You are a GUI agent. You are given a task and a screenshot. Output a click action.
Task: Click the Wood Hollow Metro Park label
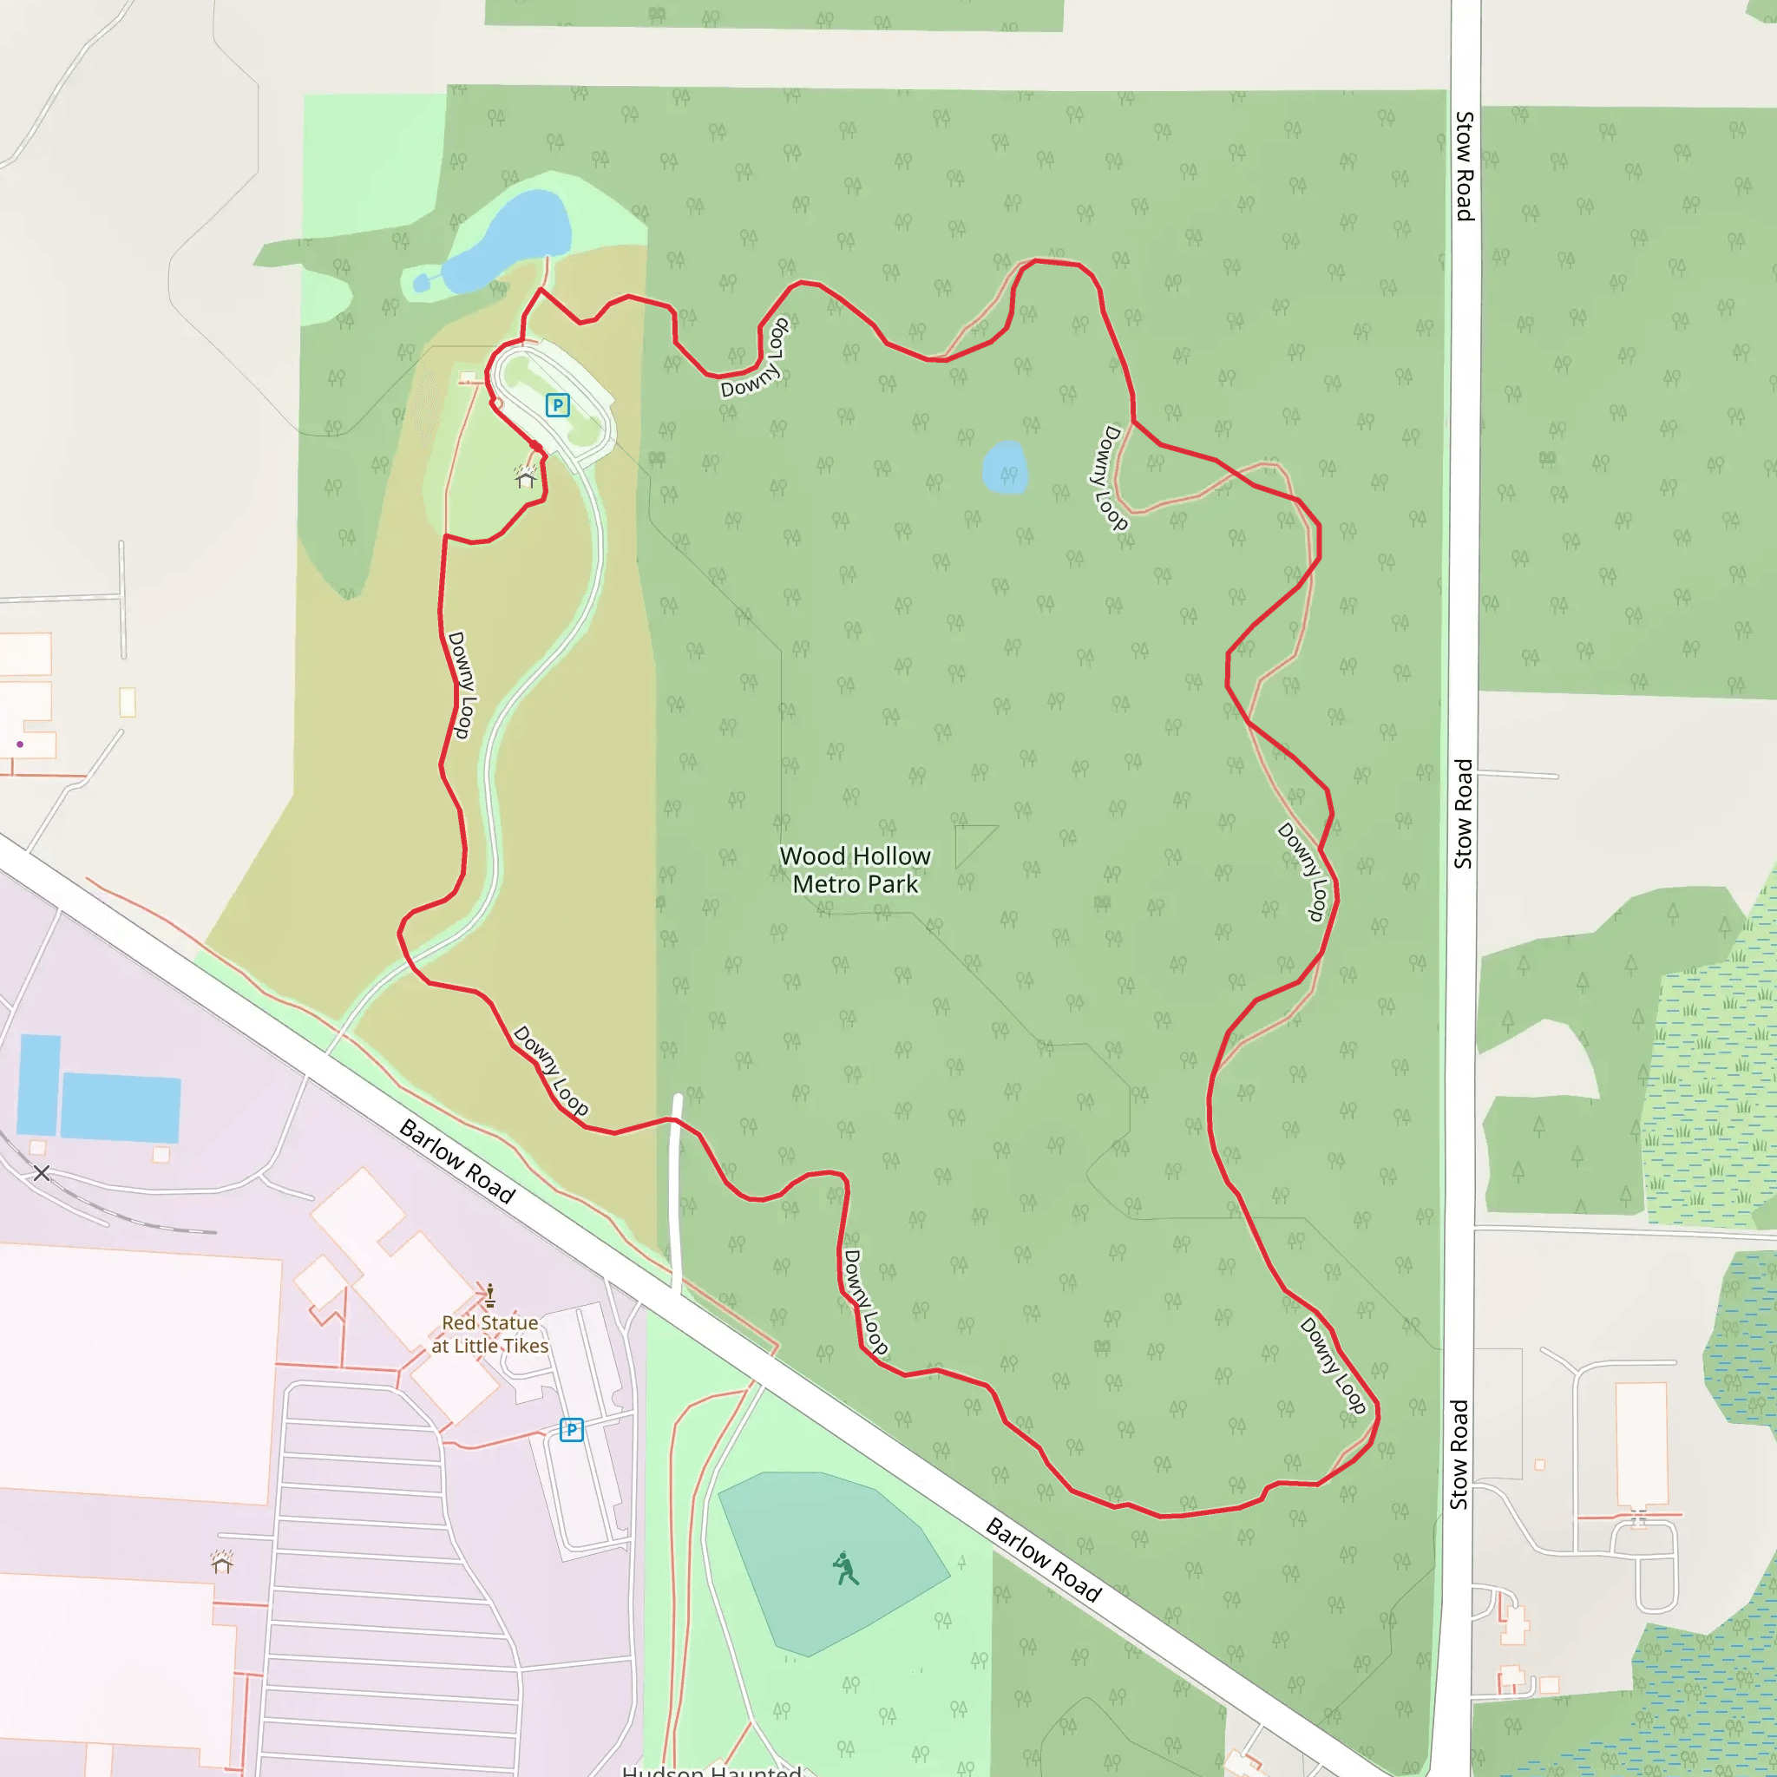pyautogui.click(x=855, y=869)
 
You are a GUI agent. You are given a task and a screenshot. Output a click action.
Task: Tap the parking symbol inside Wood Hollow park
pyautogui.click(x=557, y=404)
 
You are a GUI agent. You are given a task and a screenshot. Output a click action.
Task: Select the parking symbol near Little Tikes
pyautogui.click(x=571, y=1429)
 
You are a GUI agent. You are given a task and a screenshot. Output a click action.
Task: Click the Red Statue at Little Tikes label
pyautogui.click(x=489, y=1334)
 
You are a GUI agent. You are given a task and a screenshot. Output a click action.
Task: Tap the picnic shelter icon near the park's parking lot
pyautogui.click(x=525, y=476)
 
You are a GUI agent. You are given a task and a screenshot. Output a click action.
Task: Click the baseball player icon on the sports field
pyautogui.click(x=844, y=1568)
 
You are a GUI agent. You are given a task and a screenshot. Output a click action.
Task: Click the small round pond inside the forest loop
pyautogui.click(x=1005, y=466)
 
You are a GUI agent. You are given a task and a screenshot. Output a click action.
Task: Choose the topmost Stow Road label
pyautogui.click(x=1465, y=167)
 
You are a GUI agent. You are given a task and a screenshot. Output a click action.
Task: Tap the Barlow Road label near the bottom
pyautogui.click(x=1043, y=1560)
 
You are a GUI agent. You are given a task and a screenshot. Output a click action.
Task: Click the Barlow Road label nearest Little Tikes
pyautogui.click(x=457, y=1161)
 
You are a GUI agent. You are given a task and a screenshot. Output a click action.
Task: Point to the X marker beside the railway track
pyautogui.click(x=42, y=1173)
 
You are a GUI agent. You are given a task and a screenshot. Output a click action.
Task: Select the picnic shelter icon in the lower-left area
pyautogui.click(x=221, y=1562)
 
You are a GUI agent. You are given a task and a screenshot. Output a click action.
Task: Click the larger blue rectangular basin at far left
pyautogui.click(x=120, y=1107)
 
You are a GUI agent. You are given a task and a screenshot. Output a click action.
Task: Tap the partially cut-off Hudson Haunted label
pyautogui.click(x=711, y=1767)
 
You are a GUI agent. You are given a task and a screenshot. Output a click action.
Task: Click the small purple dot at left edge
pyautogui.click(x=19, y=744)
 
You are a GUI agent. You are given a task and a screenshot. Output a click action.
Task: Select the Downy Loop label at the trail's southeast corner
pyautogui.click(x=1333, y=1365)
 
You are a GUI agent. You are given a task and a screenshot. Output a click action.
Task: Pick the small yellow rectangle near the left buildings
pyautogui.click(x=127, y=702)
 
